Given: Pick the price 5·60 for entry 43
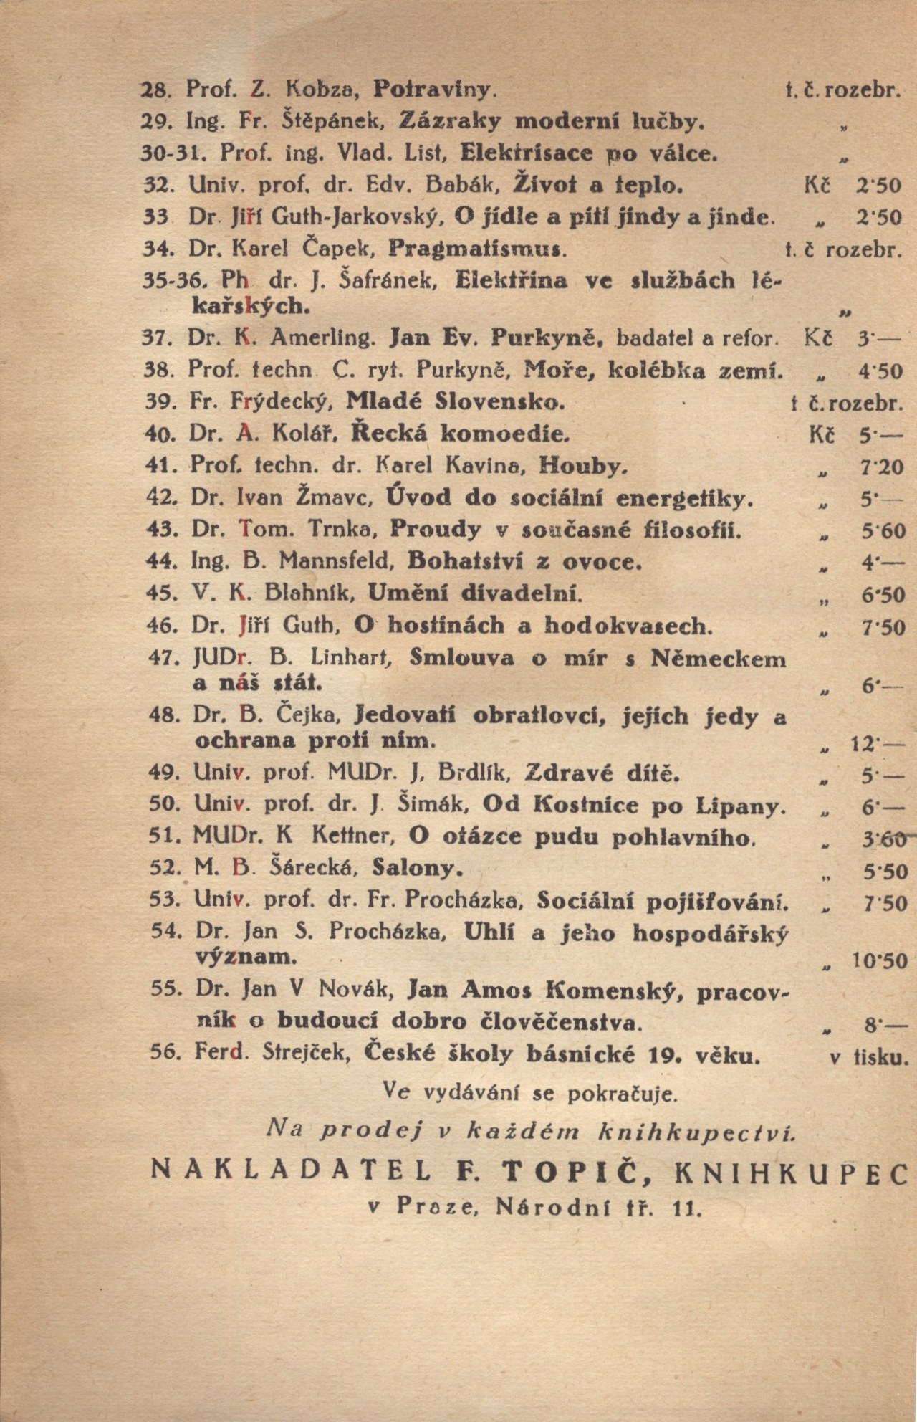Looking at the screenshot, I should tap(882, 531).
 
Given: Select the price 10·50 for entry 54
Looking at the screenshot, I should tap(878, 960).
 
